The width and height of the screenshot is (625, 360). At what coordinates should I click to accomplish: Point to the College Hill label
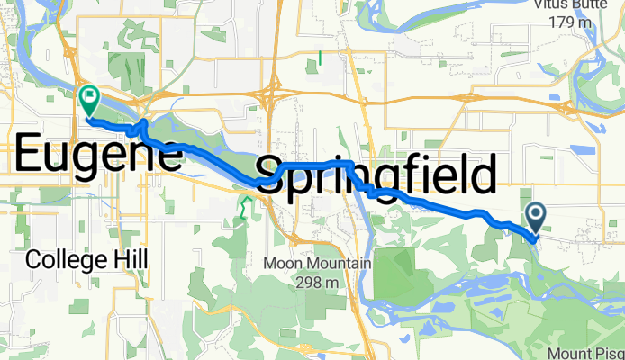[87, 259]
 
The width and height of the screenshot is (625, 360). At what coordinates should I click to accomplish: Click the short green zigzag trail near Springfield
[242, 207]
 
